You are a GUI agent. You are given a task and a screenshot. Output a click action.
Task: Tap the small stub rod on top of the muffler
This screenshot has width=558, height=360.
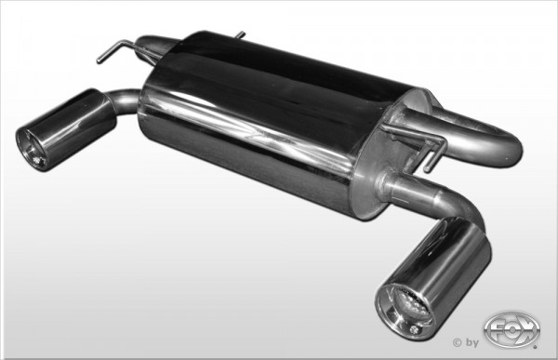click(x=239, y=35)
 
